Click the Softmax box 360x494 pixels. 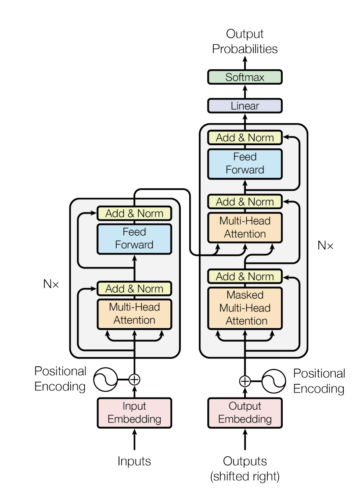coord(245,77)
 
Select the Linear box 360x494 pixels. coord(245,106)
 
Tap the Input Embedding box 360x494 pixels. coord(134,413)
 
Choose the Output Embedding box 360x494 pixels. coord(245,413)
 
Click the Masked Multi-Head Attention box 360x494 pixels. coord(245,308)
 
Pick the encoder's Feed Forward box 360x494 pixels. coord(134,239)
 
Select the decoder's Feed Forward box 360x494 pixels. coord(245,164)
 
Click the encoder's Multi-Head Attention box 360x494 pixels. coord(134,314)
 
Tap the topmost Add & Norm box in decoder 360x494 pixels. coord(245,138)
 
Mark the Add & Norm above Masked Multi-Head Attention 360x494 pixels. coord(245,277)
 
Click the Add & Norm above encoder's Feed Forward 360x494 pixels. coord(134,214)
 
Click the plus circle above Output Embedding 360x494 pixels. coord(245,381)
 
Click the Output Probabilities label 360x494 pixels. coord(245,42)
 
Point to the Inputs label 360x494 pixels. coord(134,462)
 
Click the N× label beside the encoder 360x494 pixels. coord(51,284)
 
